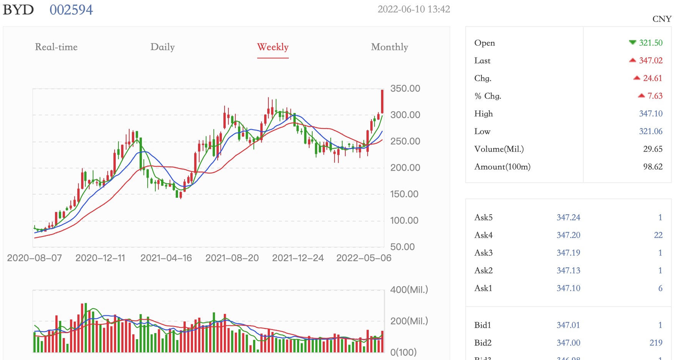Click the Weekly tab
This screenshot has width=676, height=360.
[273, 47]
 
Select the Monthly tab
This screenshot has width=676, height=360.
[389, 47]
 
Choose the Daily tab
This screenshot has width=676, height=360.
[162, 47]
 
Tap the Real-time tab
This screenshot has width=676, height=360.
[56, 47]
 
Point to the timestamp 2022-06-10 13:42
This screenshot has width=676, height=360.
[413, 10]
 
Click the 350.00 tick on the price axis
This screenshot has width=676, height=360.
[405, 88]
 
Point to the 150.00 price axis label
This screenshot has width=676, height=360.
[404, 194]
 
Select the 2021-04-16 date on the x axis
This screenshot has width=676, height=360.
[166, 258]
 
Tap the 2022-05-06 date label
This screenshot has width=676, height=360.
[363, 258]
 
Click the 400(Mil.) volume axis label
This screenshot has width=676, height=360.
[409, 290]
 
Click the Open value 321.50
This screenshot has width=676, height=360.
[650, 43]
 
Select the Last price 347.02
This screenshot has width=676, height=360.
[650, 60]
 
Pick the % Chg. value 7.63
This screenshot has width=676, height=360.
[654, 96]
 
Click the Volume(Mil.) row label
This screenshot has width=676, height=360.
[499, 149]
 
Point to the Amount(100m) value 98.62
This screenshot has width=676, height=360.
[653, 167]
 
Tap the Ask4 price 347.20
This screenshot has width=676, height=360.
[568, 235]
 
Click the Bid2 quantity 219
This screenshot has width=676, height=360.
[656, 343]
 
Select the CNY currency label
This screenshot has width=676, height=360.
[661, 19]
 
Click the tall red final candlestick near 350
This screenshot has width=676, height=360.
[382, 102]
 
